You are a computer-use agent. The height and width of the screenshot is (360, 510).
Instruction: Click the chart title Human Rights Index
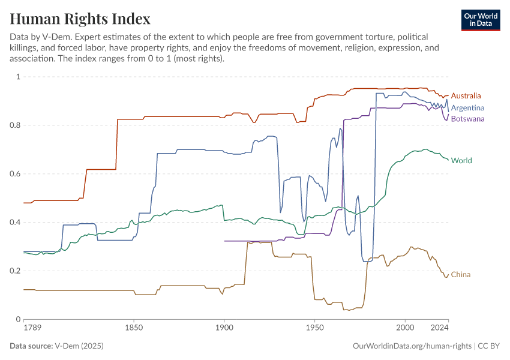pos(80,19)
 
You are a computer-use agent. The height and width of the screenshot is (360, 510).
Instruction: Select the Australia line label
pos(466,96)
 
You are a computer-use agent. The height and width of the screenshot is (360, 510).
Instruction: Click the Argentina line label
pos(467,108)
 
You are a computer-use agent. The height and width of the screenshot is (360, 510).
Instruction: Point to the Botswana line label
pos(467,119)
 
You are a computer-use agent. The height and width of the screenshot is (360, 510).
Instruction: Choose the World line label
pos(461,161)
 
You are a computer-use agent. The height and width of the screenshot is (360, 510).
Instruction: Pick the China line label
pos(460,275)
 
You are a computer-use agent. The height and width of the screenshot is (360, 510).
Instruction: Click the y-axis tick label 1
pos(18,77)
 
